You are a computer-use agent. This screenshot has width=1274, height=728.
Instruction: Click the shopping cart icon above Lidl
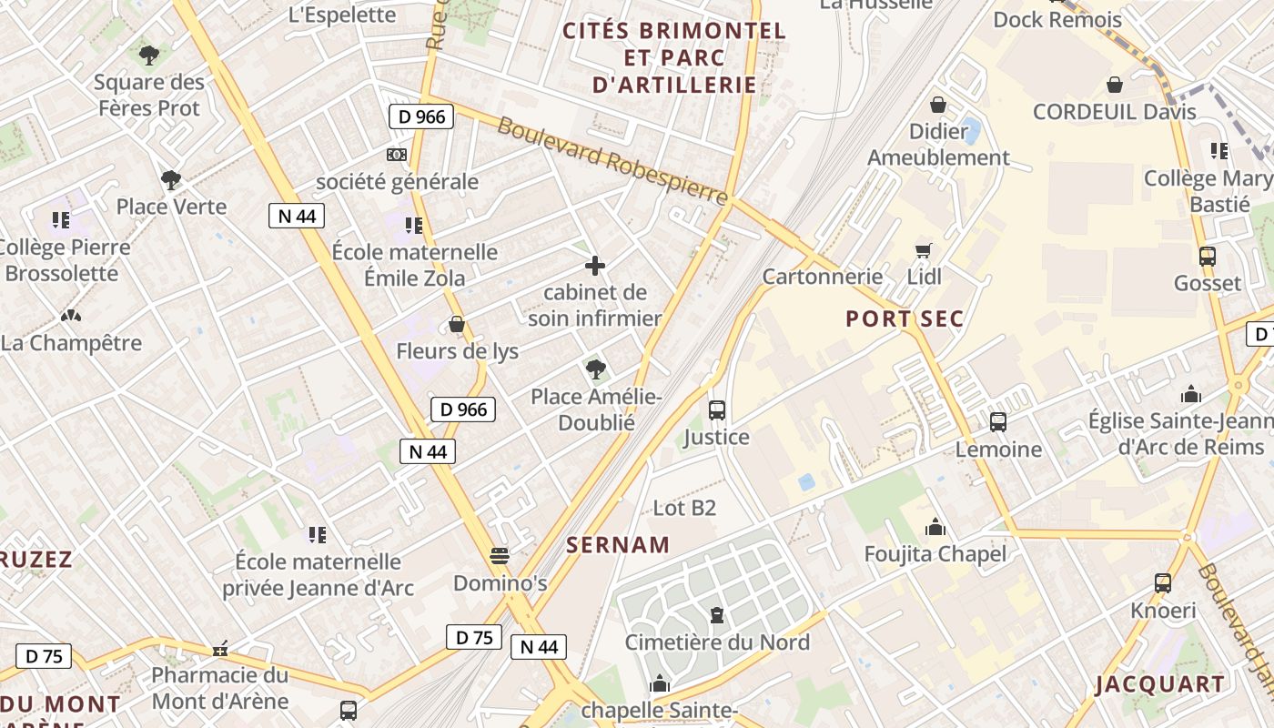(924, 250)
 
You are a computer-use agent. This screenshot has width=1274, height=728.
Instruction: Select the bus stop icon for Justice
(717, 410)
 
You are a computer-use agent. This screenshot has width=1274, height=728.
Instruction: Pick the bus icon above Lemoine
(998, 422)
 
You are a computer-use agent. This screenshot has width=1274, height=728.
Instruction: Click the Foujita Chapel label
(935, 554)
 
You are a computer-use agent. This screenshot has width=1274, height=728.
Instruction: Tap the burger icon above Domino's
(499, 555)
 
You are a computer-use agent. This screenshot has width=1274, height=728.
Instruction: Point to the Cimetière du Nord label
(717, 642)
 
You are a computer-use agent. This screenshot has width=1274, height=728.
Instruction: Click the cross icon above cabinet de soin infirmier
(595, 266)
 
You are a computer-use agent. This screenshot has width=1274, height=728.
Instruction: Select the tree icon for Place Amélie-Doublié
(596, 369)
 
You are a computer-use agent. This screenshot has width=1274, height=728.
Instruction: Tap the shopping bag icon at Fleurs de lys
(457, 325)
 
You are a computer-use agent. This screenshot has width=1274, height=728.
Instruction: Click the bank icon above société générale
(397, 155)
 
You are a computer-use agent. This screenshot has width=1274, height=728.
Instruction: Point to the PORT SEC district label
(904, 318)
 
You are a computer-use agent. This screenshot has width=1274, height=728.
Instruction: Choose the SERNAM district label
(618, 545)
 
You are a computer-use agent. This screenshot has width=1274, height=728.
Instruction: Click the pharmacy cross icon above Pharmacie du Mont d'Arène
(219, 650)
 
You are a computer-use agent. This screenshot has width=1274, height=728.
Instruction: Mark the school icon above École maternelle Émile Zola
(414, 225)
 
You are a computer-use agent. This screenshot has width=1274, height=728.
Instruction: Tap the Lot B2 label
(684, 508)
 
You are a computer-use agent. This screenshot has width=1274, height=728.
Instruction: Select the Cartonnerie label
(823, 276)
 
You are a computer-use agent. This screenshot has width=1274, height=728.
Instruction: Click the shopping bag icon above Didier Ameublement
(938, 106)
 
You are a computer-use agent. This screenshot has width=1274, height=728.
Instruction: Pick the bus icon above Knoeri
(1163, 583)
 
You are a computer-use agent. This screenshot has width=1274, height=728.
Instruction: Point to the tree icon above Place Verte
(170, 180)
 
